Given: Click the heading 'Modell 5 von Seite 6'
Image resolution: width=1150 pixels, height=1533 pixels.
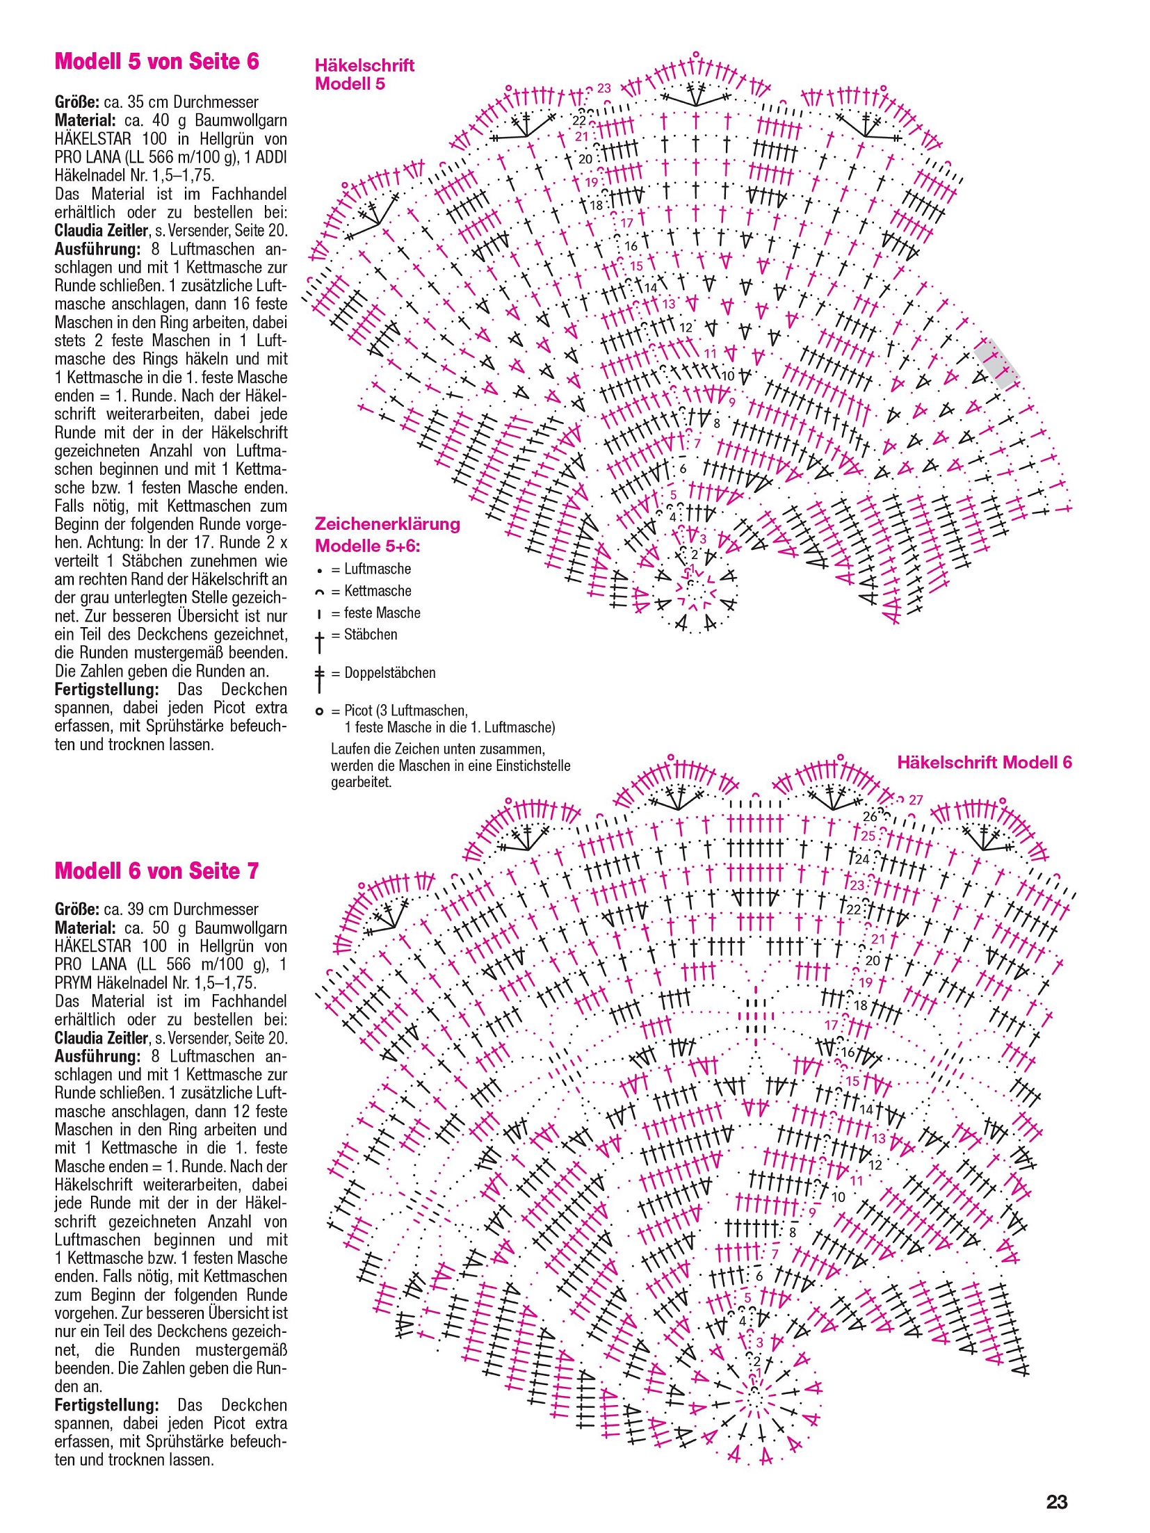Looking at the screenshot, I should [x=156, y=62].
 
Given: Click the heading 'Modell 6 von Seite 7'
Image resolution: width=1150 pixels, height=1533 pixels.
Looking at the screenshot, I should [x=156, y=870].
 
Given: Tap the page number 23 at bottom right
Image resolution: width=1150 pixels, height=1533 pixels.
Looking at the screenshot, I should [x=1056, y=1502].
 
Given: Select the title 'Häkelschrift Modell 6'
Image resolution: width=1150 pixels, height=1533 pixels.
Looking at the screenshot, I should [x=984, y=762].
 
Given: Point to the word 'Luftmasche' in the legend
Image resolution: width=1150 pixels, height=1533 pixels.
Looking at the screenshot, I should [x=378, y=569].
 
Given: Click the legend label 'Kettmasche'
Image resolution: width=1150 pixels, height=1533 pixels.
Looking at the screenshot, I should [x=378, y=591].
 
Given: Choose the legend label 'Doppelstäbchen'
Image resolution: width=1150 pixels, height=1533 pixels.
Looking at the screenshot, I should [x=389, y=673].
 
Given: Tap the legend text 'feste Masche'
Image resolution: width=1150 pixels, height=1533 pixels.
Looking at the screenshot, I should [x=382, y=613].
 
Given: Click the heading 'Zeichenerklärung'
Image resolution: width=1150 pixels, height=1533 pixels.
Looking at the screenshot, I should [x=387, y=524].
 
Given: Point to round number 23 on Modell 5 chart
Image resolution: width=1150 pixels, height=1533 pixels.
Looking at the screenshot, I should [x=604, y=88].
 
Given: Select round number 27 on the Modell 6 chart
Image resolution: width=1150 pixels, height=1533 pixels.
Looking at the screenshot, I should [x=916, y=800].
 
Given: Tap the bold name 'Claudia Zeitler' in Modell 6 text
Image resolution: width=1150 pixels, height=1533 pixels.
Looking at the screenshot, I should [x=102, y=1038].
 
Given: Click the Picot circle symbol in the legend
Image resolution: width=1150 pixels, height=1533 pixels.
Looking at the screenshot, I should [x=319, y=711].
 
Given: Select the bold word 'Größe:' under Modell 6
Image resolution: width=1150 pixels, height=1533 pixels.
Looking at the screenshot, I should [x=76, y=909].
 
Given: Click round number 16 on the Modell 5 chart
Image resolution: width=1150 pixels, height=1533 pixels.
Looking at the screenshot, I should [x=631, y=245].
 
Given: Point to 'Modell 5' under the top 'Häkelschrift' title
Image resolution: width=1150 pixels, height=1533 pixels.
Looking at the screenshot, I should [x=349, y=84].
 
